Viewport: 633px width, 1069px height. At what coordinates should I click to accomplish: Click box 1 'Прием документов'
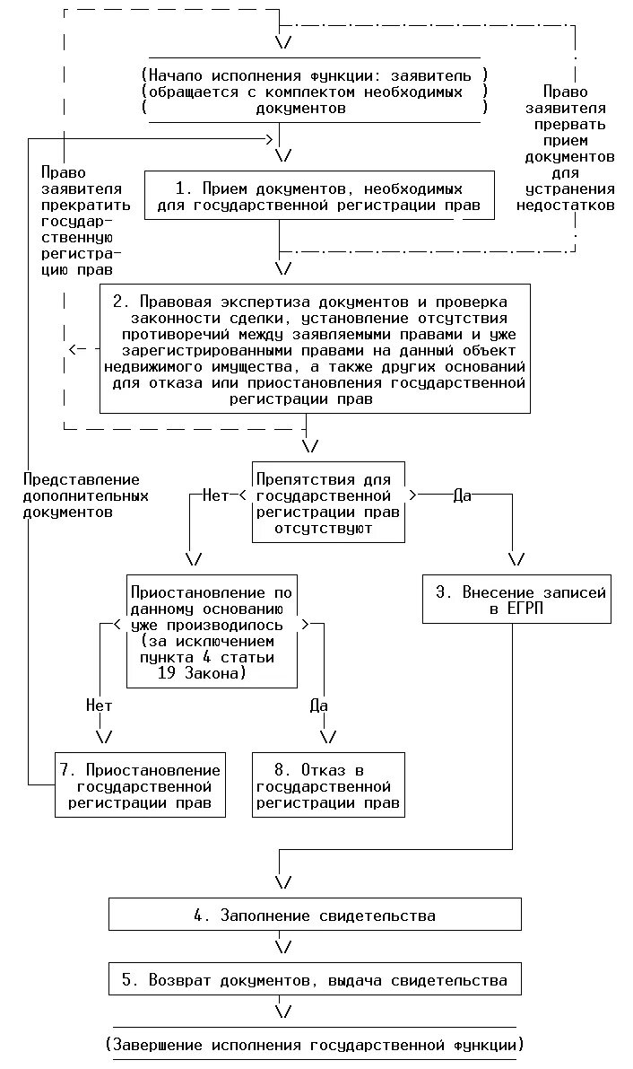tap(319, 197)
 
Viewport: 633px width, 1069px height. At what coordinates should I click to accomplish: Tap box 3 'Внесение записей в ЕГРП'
tap(516, 600)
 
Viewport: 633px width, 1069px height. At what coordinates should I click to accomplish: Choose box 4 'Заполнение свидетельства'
tap(315, 916)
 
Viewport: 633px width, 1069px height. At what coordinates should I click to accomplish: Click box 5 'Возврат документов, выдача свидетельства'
tap(315, 979)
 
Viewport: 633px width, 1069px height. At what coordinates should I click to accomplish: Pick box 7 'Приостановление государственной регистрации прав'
tap(137, 786)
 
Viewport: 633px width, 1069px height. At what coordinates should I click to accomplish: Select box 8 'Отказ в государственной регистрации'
tap(327, 786)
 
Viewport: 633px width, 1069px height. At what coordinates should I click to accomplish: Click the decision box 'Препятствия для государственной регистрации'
tap(327, 503)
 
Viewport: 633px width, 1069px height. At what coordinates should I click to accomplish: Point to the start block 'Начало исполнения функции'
tap(314, 92)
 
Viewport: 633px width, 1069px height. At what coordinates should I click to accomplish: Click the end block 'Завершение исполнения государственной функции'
tap(314, 1045)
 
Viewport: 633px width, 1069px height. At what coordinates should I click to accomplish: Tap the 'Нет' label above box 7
tap(99, 705)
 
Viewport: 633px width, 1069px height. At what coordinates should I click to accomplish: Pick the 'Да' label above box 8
tap(319, 705)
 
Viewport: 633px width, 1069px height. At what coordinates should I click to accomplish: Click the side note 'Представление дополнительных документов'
tap(82, 495)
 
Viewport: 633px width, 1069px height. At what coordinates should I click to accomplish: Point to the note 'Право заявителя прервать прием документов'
tap(579, 148)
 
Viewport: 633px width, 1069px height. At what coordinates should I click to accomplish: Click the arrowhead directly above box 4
tap(283, 881)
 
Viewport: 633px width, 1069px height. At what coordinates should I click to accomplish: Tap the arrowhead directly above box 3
tap(516, 559)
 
